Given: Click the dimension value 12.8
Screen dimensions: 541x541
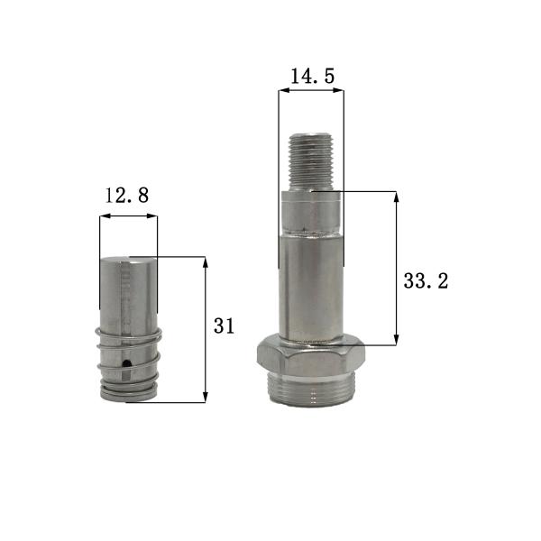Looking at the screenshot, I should tap(127, 195).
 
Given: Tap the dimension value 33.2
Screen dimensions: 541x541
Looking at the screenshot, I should tap(426, 280).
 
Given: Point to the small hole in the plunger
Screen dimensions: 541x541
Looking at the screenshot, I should tap(128, 363).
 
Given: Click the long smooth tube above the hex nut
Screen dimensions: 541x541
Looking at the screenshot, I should tap(311, 284).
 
